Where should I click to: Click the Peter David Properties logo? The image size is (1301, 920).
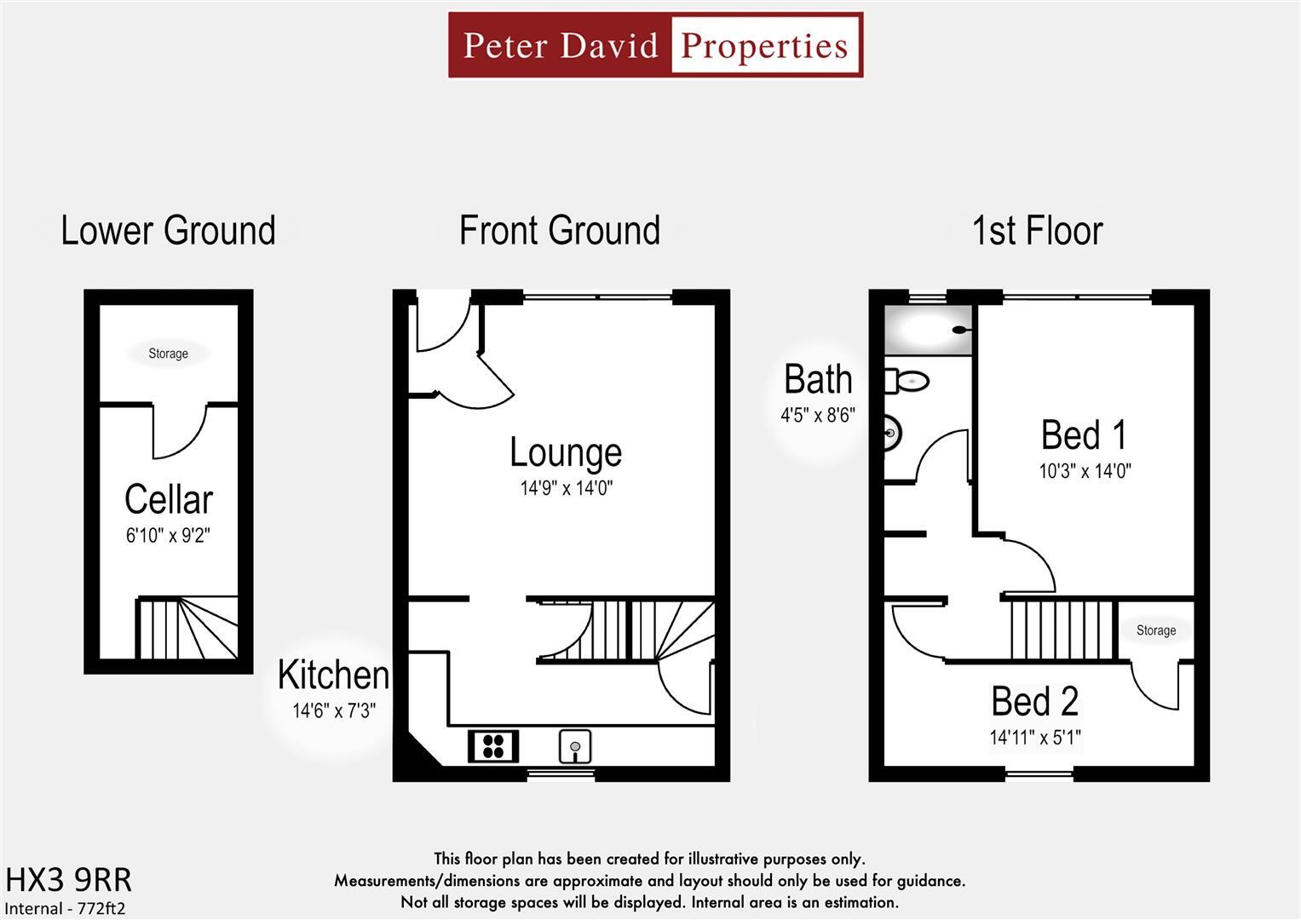(655, 45)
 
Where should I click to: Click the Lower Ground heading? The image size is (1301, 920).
(168, 231)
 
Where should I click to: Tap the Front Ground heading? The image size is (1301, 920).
(560, 231)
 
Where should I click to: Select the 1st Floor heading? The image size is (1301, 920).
(1037, 231)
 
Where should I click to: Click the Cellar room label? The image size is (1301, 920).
(169, 499)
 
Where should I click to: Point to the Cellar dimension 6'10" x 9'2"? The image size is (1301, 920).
(168, 536)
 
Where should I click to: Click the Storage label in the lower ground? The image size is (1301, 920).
(168, 354)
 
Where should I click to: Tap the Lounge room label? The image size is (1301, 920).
(566, 452)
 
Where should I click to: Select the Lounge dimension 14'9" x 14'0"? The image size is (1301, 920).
(567, 488)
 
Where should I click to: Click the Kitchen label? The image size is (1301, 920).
(333, 675)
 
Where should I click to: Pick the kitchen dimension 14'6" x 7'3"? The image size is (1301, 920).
(334, 710)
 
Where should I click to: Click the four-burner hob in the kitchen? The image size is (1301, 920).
(493, 746)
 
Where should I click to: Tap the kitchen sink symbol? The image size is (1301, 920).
(575, 747)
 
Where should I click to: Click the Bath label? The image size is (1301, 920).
(818, 380)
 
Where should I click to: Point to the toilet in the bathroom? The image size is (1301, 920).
(906, 381)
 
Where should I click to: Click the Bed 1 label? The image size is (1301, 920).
(1084, 435)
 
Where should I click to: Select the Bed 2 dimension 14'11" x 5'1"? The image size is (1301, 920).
(1035, 738)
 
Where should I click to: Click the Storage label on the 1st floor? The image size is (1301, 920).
(1156, 630)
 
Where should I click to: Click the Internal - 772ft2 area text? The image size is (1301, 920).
(66, 908)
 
